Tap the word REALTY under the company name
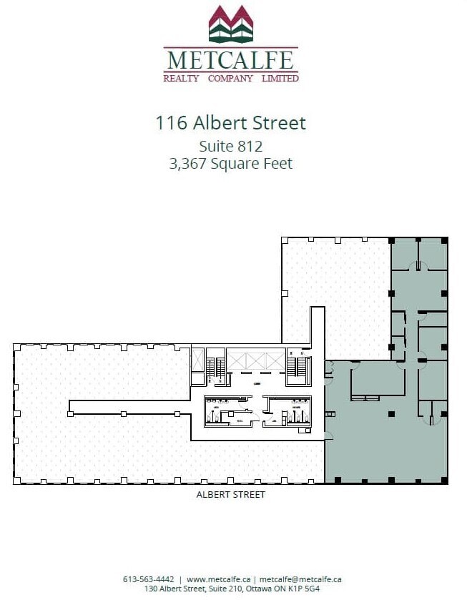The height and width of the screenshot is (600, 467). tap(181, 78)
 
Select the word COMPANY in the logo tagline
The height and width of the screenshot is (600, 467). tap(230, 78)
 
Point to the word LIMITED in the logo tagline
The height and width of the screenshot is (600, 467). tap(280, 78)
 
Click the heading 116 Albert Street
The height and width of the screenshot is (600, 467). tap(230, 123)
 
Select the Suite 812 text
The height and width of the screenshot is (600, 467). tap(230, 146)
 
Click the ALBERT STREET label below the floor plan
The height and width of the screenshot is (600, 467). tap(230, 495)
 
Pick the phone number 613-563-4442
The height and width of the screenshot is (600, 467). tap(149, 579)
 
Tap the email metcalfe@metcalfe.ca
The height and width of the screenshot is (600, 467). tap(300, 579)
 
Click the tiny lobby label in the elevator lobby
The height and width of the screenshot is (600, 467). tap(255, 383)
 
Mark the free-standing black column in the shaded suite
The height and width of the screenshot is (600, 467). tap(390, 413)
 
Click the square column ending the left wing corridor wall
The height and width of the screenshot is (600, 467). tap(69, 413)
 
